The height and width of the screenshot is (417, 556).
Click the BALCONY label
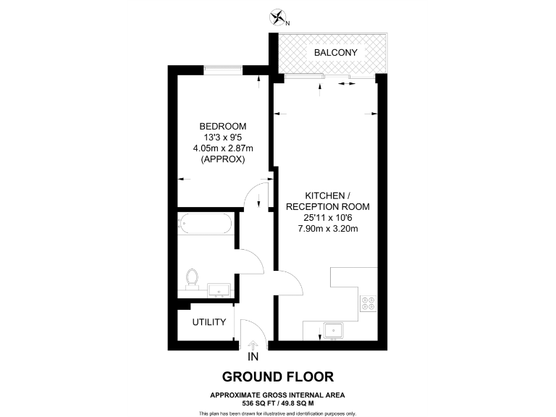point(335,53)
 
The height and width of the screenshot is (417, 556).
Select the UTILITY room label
point(209,322)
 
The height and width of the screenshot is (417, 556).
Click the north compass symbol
point(278,17)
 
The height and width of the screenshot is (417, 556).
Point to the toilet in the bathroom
point(192,278)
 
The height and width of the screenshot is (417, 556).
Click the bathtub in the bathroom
point(206,224)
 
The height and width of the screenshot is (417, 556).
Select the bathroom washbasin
point(219,290)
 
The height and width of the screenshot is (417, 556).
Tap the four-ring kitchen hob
point(367,303)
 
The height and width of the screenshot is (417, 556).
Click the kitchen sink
point(334,330)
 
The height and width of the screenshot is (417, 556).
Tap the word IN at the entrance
point(253,357)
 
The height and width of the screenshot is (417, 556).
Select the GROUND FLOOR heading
point(278,376)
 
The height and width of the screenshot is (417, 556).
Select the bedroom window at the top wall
point(223,69)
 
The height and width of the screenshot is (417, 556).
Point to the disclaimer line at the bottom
point(278,413)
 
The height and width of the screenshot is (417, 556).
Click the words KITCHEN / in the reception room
point(327,196)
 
